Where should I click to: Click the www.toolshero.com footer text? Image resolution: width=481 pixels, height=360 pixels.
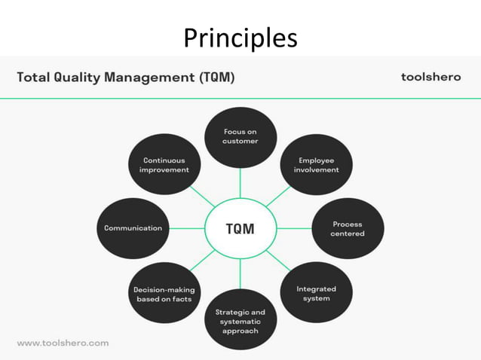(63, 343)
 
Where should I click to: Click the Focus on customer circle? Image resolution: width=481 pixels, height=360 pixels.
(240, 137)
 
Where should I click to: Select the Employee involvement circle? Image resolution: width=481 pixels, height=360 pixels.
(316, 165)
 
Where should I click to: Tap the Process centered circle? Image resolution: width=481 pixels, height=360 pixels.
(347, 229)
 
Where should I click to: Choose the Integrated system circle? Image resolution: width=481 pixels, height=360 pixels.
(316, 293)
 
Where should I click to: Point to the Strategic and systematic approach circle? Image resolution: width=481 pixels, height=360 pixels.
(240, 321)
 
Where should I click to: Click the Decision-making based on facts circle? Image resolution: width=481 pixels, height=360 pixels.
(164, 293)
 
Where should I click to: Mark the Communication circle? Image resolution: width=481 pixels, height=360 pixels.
(133, 228)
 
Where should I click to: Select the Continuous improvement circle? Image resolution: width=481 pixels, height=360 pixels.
(164, 165)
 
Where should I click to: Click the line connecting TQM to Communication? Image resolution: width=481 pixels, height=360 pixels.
(186, 228)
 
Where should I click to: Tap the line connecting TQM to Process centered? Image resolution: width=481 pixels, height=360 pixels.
(293, 228)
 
